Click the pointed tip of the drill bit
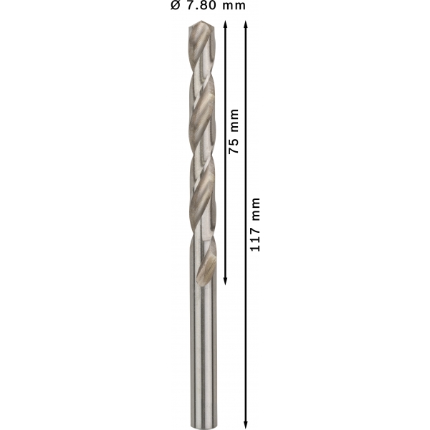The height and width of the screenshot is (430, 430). click(201, 21)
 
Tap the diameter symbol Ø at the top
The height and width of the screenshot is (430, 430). click(176, 6)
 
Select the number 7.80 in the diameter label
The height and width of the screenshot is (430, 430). click(201, 6)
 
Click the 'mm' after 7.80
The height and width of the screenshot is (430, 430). click(234, 6)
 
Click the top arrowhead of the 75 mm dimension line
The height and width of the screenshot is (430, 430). click(226, 24)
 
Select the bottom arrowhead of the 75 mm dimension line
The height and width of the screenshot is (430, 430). click(226, 282)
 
